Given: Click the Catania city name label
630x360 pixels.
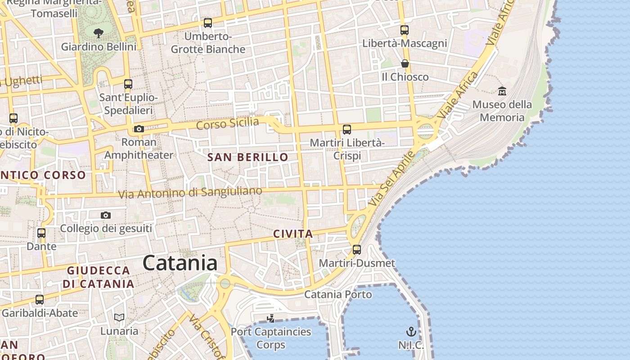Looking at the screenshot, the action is [180, 263].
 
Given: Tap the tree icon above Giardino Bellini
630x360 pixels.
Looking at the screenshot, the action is [98, 32].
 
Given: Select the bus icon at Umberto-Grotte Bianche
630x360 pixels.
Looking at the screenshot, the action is [207, 22].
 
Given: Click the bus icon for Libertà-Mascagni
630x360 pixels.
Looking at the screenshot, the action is [405, 30].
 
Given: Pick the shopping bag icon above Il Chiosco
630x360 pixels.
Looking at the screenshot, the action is [405, 63].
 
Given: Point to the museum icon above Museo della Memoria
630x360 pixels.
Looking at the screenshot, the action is [502, 91].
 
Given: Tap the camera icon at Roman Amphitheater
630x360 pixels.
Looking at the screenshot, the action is [139, 129].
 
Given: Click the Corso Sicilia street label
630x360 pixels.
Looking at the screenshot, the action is [228, 123].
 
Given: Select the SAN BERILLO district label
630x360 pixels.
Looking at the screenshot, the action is [247, 157].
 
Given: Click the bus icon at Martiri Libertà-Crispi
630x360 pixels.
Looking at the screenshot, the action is [346, 130].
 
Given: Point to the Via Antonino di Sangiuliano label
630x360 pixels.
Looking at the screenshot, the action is [190, 193].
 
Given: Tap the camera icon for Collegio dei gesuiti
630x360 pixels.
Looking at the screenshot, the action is [106, 216].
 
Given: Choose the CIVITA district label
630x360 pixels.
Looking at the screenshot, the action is [293, 234].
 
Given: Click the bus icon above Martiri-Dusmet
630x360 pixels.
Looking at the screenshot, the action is [357, 249].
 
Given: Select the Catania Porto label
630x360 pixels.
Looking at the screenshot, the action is [338, 295].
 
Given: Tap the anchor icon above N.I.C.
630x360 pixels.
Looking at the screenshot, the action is [411, 332].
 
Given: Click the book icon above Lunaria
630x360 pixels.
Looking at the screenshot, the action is [119, 318].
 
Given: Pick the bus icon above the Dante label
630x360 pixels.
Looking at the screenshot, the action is [41, 233].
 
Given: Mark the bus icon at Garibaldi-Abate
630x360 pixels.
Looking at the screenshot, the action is [40, 299].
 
